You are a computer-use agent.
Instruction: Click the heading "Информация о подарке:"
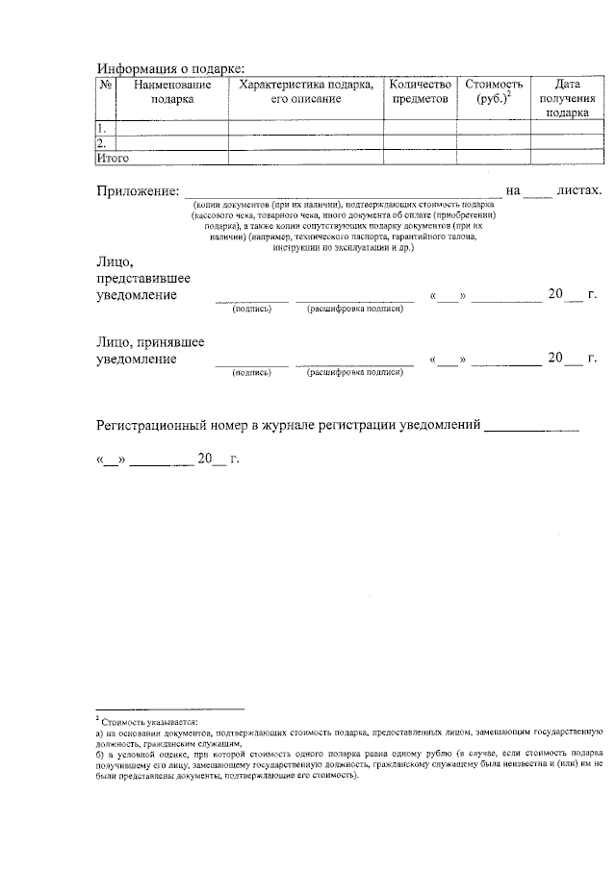tap(170, 68)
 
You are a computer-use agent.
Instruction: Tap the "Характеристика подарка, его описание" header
tap(306, 92)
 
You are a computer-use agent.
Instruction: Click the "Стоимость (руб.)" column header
tap(493, 92)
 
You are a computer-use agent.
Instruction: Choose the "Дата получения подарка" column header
tap(567, 98)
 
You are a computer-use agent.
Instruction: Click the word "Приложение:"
tap(138, 191)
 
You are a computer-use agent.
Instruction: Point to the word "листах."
tap(578, 190)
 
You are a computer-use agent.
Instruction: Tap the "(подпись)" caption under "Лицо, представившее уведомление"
tap(251, 310)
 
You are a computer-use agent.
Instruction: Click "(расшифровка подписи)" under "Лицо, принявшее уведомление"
tap(354, 371)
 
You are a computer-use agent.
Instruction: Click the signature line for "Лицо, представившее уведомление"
tap(251, 299)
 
